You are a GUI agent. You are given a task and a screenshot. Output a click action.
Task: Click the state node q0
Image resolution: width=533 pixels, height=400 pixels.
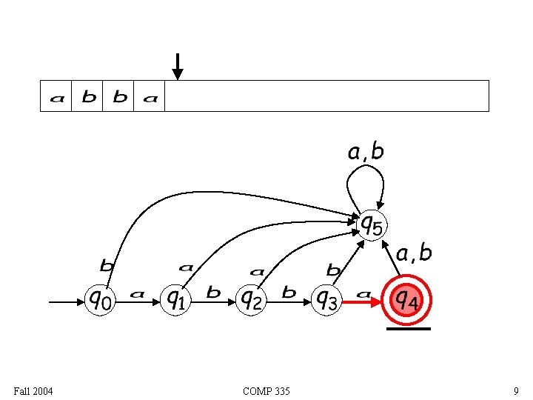101,300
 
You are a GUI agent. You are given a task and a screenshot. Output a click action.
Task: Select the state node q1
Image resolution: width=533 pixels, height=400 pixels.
175,300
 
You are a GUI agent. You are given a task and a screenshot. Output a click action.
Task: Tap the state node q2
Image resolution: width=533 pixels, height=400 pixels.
252,300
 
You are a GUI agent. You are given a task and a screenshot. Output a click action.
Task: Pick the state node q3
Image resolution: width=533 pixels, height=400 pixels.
327,300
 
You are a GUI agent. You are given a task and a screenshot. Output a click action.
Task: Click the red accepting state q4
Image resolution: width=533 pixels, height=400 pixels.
406,300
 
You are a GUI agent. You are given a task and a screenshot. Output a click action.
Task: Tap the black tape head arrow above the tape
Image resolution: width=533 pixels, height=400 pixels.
177,66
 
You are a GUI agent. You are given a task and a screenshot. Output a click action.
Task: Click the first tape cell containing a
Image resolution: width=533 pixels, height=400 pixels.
56,97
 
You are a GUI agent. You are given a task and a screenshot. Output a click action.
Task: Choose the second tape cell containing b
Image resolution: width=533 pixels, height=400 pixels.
88,97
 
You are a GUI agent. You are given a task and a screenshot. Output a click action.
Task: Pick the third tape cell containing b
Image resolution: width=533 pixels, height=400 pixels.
119,97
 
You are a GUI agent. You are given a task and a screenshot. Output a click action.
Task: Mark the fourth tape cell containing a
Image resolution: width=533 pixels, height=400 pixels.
150,97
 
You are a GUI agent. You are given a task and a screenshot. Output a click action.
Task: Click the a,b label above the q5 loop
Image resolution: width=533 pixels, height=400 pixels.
366,152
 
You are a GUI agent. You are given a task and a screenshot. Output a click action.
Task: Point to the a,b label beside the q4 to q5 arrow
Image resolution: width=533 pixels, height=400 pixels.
414,253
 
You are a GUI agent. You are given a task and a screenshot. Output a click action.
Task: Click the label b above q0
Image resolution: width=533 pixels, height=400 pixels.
107,264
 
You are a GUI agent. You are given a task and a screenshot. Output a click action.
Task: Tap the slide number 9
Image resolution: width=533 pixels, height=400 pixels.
515,390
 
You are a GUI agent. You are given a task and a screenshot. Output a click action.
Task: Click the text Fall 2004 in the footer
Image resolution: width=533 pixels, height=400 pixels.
33,390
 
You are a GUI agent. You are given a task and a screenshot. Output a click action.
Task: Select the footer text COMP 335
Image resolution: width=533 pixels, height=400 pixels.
266,390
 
